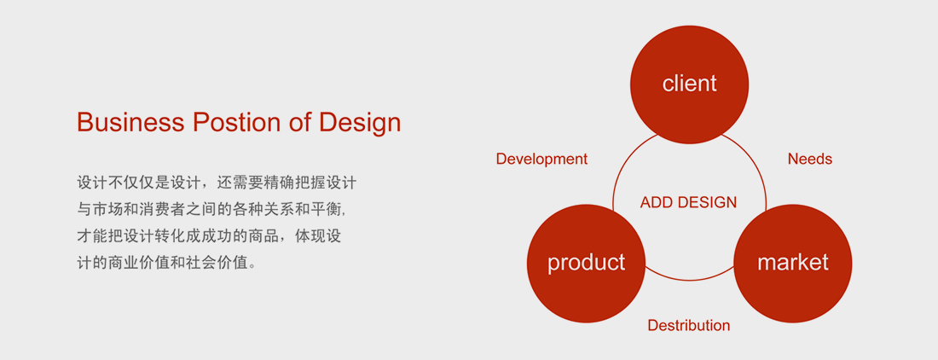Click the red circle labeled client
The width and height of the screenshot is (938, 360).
click(689, 85)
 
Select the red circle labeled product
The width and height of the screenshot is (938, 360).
click(587, 264)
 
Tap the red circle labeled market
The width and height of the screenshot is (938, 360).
click(793, 264)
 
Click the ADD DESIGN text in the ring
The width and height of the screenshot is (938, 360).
click(688, 203)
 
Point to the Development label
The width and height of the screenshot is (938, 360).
click(542, 159)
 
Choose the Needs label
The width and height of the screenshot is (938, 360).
click(810, 159)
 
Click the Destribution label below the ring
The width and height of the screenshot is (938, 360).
click(689, 325)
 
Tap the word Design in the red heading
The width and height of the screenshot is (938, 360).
click(360, 123)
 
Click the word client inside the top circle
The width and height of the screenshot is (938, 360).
click(689, 83)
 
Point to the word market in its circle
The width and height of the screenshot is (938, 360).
click(793, 262)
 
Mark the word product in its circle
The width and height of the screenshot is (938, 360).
click(587, 263)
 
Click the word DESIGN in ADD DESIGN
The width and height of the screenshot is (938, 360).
click(709, 203)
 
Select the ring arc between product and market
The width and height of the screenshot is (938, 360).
click(689, 280)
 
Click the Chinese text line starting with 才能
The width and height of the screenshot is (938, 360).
click(209, 235)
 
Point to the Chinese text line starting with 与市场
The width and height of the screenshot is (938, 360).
click(211, 209)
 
